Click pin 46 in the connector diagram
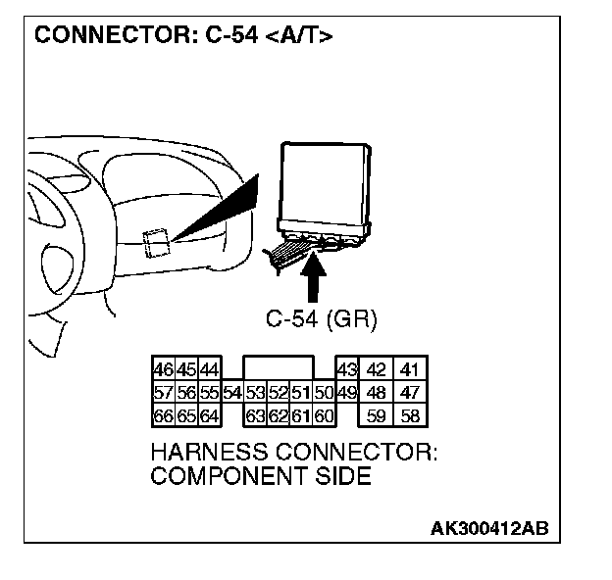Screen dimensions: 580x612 point(162,370)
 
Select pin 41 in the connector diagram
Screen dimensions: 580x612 point(410,370)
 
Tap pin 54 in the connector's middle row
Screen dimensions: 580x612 point(232,393)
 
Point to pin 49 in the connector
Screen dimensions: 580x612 point(346,393)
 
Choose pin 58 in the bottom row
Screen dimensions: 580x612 point(410,415)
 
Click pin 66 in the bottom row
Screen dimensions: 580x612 point(162,415)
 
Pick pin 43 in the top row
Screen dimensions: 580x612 point(346,370)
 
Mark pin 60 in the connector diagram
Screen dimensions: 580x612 point(325,415)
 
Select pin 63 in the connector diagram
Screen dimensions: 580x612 point(255,415)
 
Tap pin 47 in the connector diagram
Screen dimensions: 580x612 point(410,393)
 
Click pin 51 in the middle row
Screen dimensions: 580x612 point(301,393)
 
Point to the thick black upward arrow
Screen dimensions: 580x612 point(314,277)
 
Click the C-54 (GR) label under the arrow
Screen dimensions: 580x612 point(322,319)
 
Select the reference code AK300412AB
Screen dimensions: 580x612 point(489,529)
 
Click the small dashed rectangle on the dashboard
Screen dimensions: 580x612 point(157,241)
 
